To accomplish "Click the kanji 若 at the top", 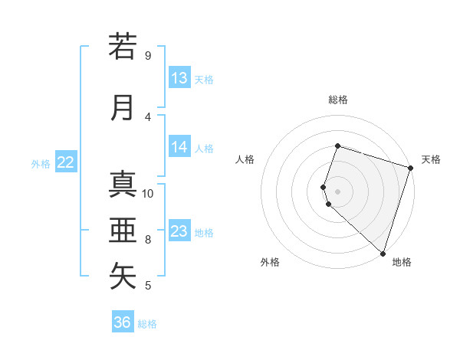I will [x=123, y=47].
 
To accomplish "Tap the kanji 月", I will [x=123, y=107].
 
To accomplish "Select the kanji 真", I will [x=123, y=185].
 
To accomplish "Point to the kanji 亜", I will [x=123, y=231].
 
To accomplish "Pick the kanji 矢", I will [x=123, y=277].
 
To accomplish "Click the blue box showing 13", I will [x=179, y=78].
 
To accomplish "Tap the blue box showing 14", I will [x=179, y=147].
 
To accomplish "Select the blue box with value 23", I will [x=179, y=231].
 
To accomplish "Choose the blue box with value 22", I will [x=66, y=162].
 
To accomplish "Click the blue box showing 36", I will [x=123, y=322].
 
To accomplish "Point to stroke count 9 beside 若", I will [x=148, y=55].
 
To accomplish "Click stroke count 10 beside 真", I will [x=148, y=193].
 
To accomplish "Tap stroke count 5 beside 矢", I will [x=148, y=286].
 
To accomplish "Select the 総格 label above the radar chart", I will [x=337, y=100].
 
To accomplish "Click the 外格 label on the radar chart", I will [x=270, y=262].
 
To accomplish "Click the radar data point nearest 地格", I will [x=383, y=254].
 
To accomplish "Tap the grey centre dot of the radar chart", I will [x=337, y=191].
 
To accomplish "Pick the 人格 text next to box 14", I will [x=204, y=148].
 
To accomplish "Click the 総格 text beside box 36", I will [x=147, y=324].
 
